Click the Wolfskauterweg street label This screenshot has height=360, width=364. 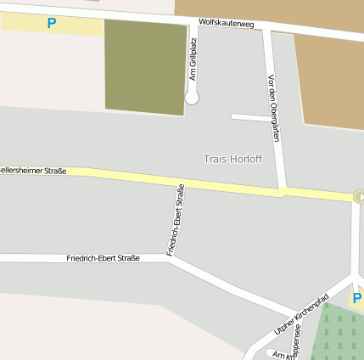[x=226, y=23]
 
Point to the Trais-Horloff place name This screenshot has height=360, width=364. [x=232, y=159]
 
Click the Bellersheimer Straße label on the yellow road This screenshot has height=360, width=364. [x=32, y=171]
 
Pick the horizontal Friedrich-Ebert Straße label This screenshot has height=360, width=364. [x=103, y=257]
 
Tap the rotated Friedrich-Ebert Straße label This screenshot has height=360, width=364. [x=176, y=220]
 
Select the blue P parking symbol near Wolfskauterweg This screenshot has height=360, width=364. [x=52, y=23]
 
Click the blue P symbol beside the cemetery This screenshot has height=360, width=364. [x=356, y=298]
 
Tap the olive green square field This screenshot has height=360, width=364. [x=145, y=67]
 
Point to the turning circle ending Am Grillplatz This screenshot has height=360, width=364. [x=192, y=98]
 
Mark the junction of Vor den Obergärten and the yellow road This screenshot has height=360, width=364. [x=283, y=192]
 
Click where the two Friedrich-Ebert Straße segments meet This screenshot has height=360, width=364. [x=170, y=257]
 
